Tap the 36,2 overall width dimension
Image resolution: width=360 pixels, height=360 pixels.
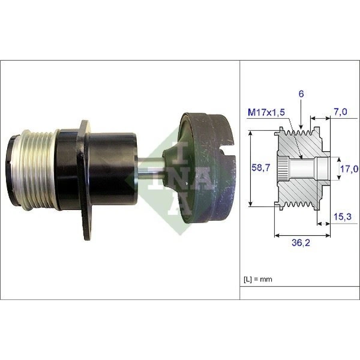302,243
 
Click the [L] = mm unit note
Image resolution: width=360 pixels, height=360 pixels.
258,279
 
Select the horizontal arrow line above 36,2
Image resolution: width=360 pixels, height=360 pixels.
302,235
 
